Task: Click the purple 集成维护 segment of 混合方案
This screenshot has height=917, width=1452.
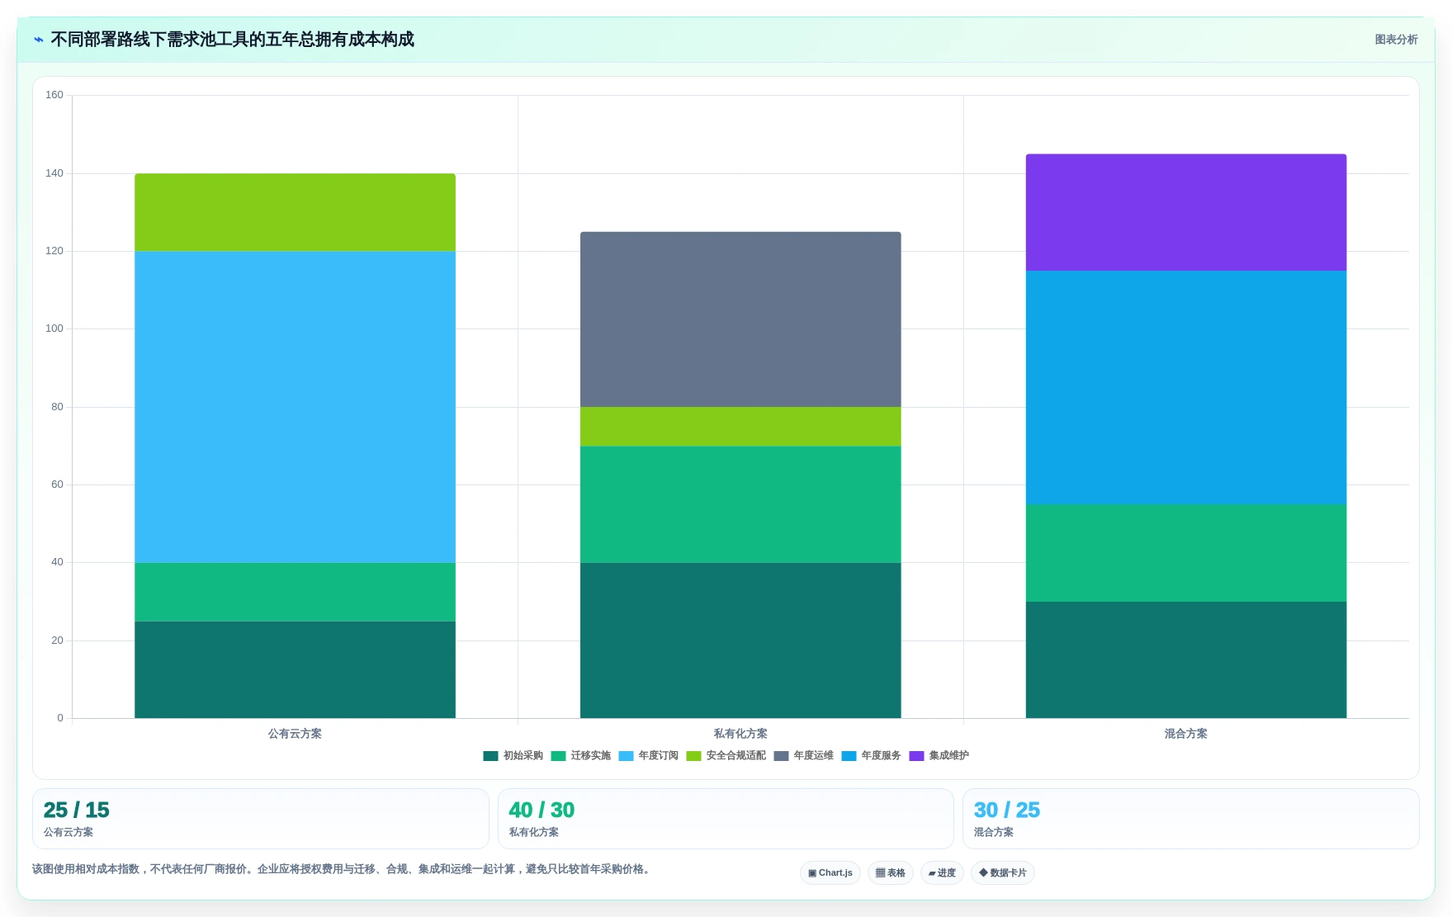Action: click(1185, 212)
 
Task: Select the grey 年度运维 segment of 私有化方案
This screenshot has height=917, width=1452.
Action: click(740, 319)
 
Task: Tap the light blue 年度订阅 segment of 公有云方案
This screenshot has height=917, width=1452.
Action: click(295, 407)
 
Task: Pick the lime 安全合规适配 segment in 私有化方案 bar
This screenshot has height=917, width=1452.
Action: click(740, 427)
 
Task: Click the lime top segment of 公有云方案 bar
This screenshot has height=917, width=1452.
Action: click(295, 212)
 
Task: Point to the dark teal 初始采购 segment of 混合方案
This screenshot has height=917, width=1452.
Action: click(1185, 659)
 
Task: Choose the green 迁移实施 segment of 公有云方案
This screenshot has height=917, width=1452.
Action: click(295, 592)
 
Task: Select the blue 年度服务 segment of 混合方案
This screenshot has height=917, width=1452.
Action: click(1185, 388)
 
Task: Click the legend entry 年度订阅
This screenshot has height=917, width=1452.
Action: click(648, 756)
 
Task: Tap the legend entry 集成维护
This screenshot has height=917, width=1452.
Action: click(939, 756)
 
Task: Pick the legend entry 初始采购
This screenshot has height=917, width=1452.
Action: click(513, 756)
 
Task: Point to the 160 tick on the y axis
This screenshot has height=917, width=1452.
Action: click(54, 95)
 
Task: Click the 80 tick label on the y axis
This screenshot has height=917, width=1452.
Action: click(57, 407)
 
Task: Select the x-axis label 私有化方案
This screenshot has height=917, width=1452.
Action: click(740, 734)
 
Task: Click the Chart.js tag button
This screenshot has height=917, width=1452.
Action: click(830, 872)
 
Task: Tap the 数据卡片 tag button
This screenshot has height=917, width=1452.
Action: click(1003, 872)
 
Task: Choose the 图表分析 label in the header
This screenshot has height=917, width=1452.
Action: click(1396, 40)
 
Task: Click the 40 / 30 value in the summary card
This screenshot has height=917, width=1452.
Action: click(542, 810)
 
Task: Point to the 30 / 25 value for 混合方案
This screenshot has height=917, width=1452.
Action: click(1007, 810)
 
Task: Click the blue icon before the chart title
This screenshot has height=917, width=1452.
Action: click(39, 40)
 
